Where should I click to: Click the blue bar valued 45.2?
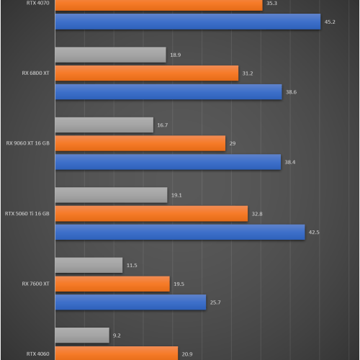(187, 22)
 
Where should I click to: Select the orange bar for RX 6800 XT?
(146, 73)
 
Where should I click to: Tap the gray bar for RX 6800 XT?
(110, 55)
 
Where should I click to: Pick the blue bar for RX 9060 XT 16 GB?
(168, 162)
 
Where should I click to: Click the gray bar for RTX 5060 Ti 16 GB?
(111, 195)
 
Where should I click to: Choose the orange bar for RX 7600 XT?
(112, 284)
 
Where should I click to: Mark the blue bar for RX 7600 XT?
(130, 302)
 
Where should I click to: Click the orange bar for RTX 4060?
(116, 354)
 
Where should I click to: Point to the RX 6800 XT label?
(36, 73)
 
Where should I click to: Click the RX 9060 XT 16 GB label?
(28, 143)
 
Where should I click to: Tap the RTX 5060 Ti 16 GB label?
(27, 213)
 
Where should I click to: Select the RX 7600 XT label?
(36, 284)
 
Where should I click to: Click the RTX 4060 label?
(38, 354)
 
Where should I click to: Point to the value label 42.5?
(314, 232)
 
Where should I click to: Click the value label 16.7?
(162, 125)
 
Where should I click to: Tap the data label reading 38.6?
(291, 92)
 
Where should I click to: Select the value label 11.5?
(132, 266)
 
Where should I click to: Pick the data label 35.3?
(271, 4)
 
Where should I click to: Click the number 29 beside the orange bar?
(233, 143)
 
